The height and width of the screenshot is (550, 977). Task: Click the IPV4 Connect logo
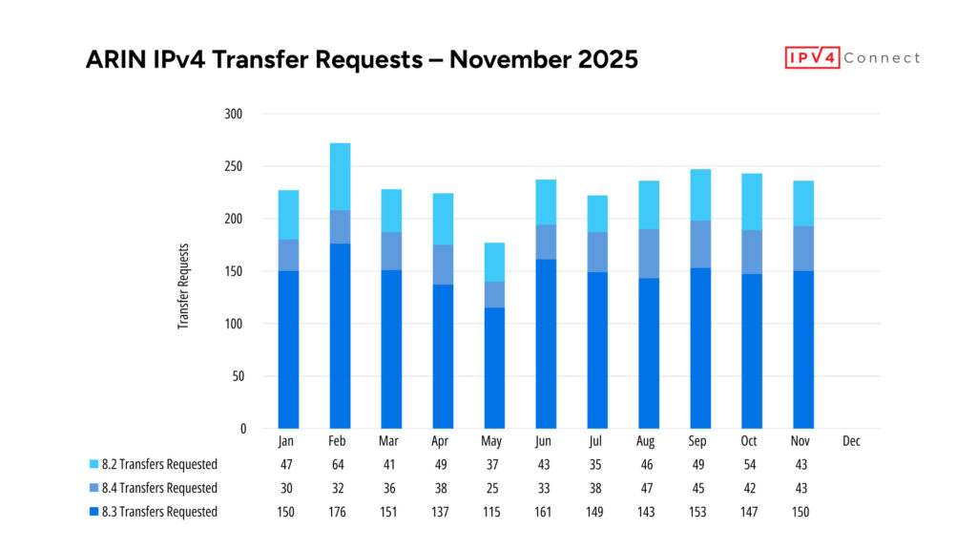pyautogui.click(x=852, y=58)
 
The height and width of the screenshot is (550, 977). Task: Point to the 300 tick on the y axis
pyautogui.click(x=234, y=114)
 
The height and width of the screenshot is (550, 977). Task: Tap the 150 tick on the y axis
pyautogui.click(x=234, y=271)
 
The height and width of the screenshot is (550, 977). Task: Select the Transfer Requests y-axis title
pyautogui.click(x=183, y=287)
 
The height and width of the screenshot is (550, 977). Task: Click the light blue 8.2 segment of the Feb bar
pyautogui.click(x=340, y=177)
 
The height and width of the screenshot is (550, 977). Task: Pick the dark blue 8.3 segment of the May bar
pyautogui.click(x=494, y=368)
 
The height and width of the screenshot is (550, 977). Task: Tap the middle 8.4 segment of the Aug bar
pyautogui.click(x=649, y=254)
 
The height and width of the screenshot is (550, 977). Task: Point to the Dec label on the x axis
pyautogui.click(x=851, y=442)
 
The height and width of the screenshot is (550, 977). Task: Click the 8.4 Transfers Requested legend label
pyautogui.click(x=160, y=488)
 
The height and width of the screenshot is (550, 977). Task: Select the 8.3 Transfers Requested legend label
pyautogui.click(x=160, y=512)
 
